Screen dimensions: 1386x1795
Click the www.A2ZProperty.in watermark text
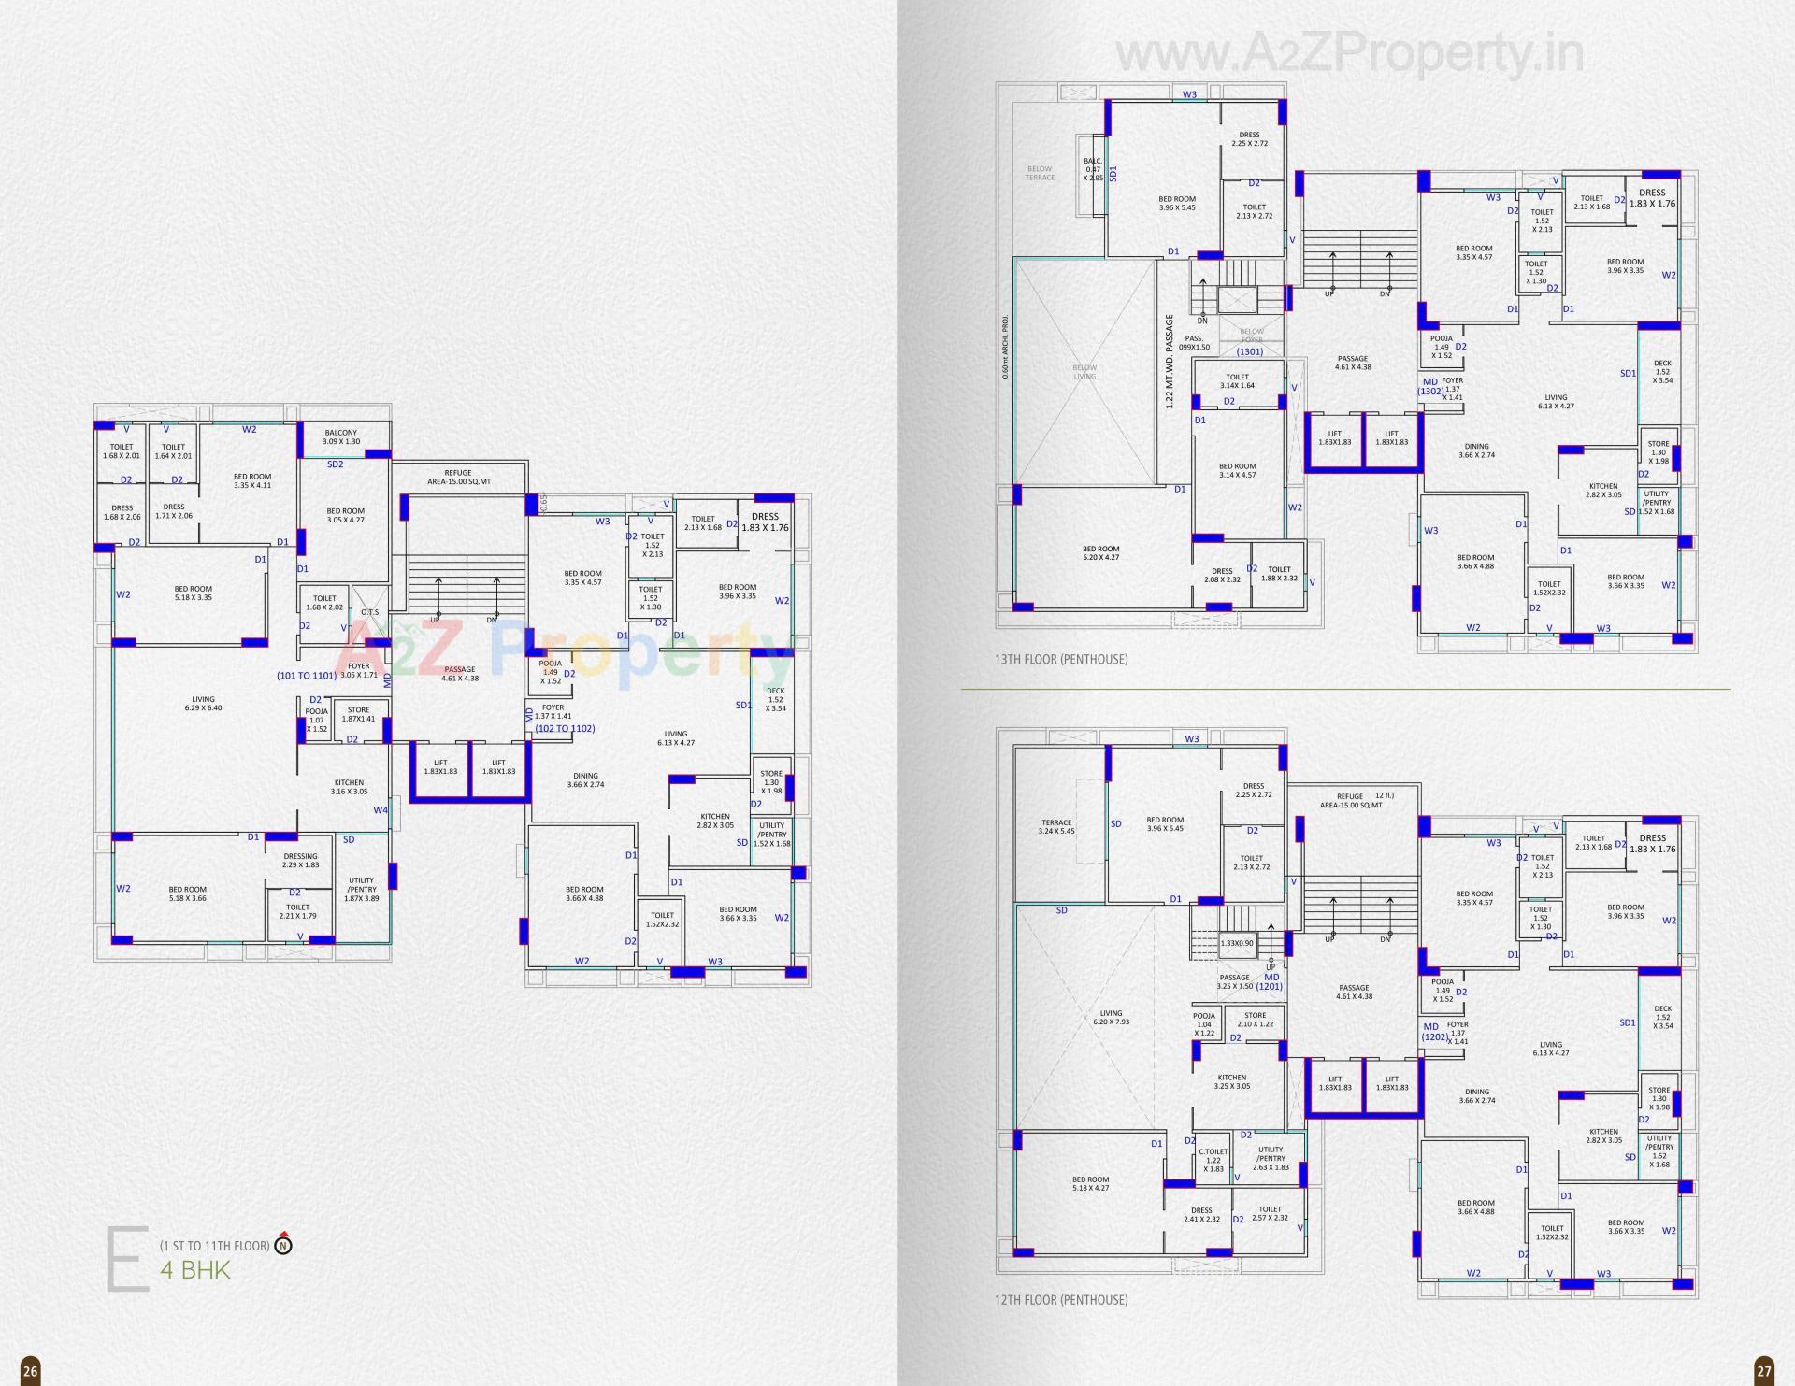1349,54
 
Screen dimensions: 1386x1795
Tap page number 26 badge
30,1371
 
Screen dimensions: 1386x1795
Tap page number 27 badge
1763,1371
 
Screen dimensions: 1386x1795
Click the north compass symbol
283,1245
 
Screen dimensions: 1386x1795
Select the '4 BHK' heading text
194,1270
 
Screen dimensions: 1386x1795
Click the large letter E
127,1262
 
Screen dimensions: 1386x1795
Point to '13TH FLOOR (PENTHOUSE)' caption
1060,659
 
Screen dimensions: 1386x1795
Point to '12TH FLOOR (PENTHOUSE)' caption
1060,1300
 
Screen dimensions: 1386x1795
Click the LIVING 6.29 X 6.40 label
203,704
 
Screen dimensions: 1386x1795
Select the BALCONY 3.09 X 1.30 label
341,436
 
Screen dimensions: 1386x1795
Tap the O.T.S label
370,587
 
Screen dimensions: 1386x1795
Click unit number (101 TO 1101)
306,675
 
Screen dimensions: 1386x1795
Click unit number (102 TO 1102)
565,728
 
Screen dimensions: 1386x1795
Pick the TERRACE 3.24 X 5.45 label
1056,827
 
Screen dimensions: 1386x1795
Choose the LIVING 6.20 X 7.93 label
1111,1017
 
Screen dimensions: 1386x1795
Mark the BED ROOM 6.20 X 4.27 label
1100,553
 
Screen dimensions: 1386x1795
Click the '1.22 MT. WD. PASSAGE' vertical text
1169,362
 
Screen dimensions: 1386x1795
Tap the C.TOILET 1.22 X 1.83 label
1213,1160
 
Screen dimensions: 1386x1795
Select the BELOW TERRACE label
1040,173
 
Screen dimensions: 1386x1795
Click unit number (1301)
1249,351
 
